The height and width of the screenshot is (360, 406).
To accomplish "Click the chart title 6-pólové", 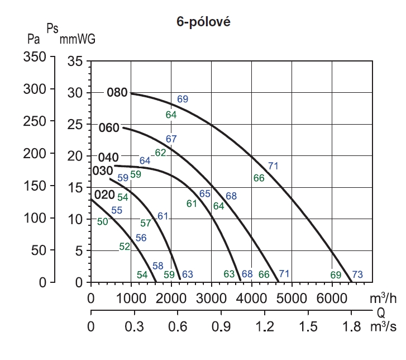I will tap(203, 22).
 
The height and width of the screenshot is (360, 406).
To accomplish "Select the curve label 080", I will tap(117, 93).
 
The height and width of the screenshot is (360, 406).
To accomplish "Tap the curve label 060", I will tap(109, 128).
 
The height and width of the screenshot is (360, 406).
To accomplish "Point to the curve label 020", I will tap(104, 195).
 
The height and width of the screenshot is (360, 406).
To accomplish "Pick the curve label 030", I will tap(102, 170).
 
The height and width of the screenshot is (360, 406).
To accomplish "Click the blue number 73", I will tap(358, 274).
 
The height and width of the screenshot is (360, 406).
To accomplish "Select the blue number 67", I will tap(171, 139).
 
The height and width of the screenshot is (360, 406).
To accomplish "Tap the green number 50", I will tap(103, 222).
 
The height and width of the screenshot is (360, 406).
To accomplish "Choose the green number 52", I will tap(125, 246).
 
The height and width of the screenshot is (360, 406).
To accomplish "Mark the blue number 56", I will tap(141, 238).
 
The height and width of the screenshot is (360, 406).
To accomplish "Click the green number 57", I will tap(146, 223).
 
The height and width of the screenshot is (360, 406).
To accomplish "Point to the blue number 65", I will tap(205, 194).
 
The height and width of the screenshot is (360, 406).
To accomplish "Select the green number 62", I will tap(160, 153).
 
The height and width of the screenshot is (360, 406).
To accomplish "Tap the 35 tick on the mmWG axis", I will tap(75, 61).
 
